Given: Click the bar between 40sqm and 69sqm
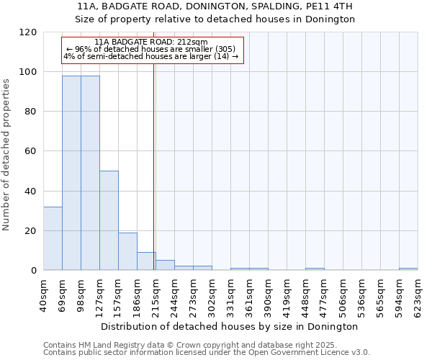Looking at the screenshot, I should pos(53,238).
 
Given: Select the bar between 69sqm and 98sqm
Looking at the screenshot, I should pos(71,173).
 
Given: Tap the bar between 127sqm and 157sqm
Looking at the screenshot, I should pos(109,220).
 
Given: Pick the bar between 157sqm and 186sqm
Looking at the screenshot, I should pos(127,251).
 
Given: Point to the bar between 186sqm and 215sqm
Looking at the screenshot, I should pos(146,261).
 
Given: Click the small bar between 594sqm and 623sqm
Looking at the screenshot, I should pos(408,269).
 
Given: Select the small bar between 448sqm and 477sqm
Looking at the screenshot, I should pos(315,269).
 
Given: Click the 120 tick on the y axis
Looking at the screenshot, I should pos(28,32).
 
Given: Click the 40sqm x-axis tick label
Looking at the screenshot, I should pos(43,294).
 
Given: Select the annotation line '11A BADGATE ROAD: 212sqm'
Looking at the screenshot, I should pos(151,42).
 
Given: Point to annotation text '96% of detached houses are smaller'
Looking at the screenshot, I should pos(151,49).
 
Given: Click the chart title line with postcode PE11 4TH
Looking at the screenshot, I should pos(215,6).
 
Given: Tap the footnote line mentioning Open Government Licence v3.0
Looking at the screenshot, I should pos(206,353).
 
